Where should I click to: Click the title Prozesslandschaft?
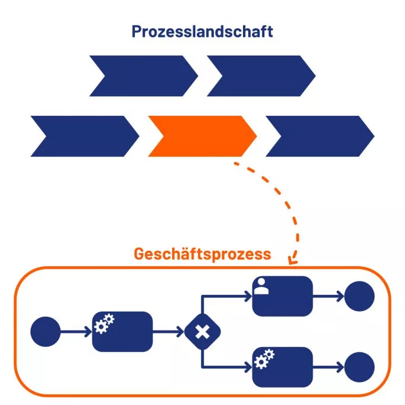pos(202,31)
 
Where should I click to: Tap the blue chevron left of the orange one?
pos(84,136)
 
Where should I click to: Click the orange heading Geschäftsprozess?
pos(202,254)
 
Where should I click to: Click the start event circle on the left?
pos(46,331)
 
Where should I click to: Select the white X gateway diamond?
pos(202,332)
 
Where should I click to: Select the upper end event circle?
pos(359,296)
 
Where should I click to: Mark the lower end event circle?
pos(359,367)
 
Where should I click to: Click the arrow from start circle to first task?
pos(75,331)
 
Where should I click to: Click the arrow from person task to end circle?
pos(327,296)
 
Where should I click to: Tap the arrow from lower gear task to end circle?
pos(327,367)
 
